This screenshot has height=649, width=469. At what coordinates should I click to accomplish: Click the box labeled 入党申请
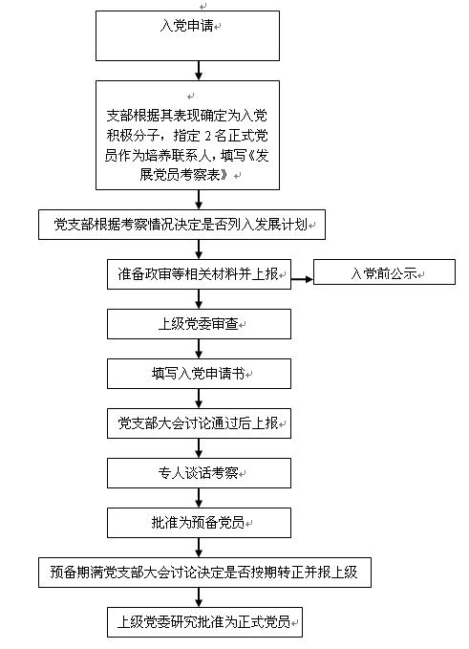click(x=187, y=35)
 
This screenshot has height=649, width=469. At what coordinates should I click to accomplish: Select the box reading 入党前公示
click(x=384, y=272)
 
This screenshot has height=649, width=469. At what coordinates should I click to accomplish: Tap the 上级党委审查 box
click(x=199, y=324)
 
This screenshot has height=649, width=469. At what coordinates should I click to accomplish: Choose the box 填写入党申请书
click(x=199, y=374)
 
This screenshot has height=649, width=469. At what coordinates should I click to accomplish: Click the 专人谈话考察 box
click(x=199, y=473)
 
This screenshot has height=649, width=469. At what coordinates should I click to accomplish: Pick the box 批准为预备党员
click(x=199, y=523)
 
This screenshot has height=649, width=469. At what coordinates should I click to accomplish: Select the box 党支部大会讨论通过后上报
click(x=199, y=423)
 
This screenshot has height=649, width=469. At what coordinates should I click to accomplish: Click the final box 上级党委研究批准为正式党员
click(x=204, y=622)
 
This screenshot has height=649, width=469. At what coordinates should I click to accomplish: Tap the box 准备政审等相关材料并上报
click(x=199, y=274)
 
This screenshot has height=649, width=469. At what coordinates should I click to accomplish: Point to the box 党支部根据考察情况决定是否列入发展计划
click(x=182, y=225)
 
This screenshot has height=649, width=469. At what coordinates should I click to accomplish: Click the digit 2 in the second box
click(x=207, y=136)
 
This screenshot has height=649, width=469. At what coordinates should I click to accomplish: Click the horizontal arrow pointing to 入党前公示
click(x=302, y=279)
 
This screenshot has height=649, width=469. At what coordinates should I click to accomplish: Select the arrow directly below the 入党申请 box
click(x=199, y=71)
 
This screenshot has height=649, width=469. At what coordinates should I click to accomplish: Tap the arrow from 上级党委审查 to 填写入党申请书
click(x=199, y=349)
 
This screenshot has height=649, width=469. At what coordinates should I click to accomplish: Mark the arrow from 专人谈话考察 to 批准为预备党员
click(x=199, y=498)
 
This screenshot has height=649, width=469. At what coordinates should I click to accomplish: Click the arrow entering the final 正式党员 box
click(x=199, y=597)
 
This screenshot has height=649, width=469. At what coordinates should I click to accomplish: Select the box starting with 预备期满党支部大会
click(x=204, y=573)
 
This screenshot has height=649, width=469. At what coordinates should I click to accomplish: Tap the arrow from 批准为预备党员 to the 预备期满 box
click(x=199, y=548)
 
